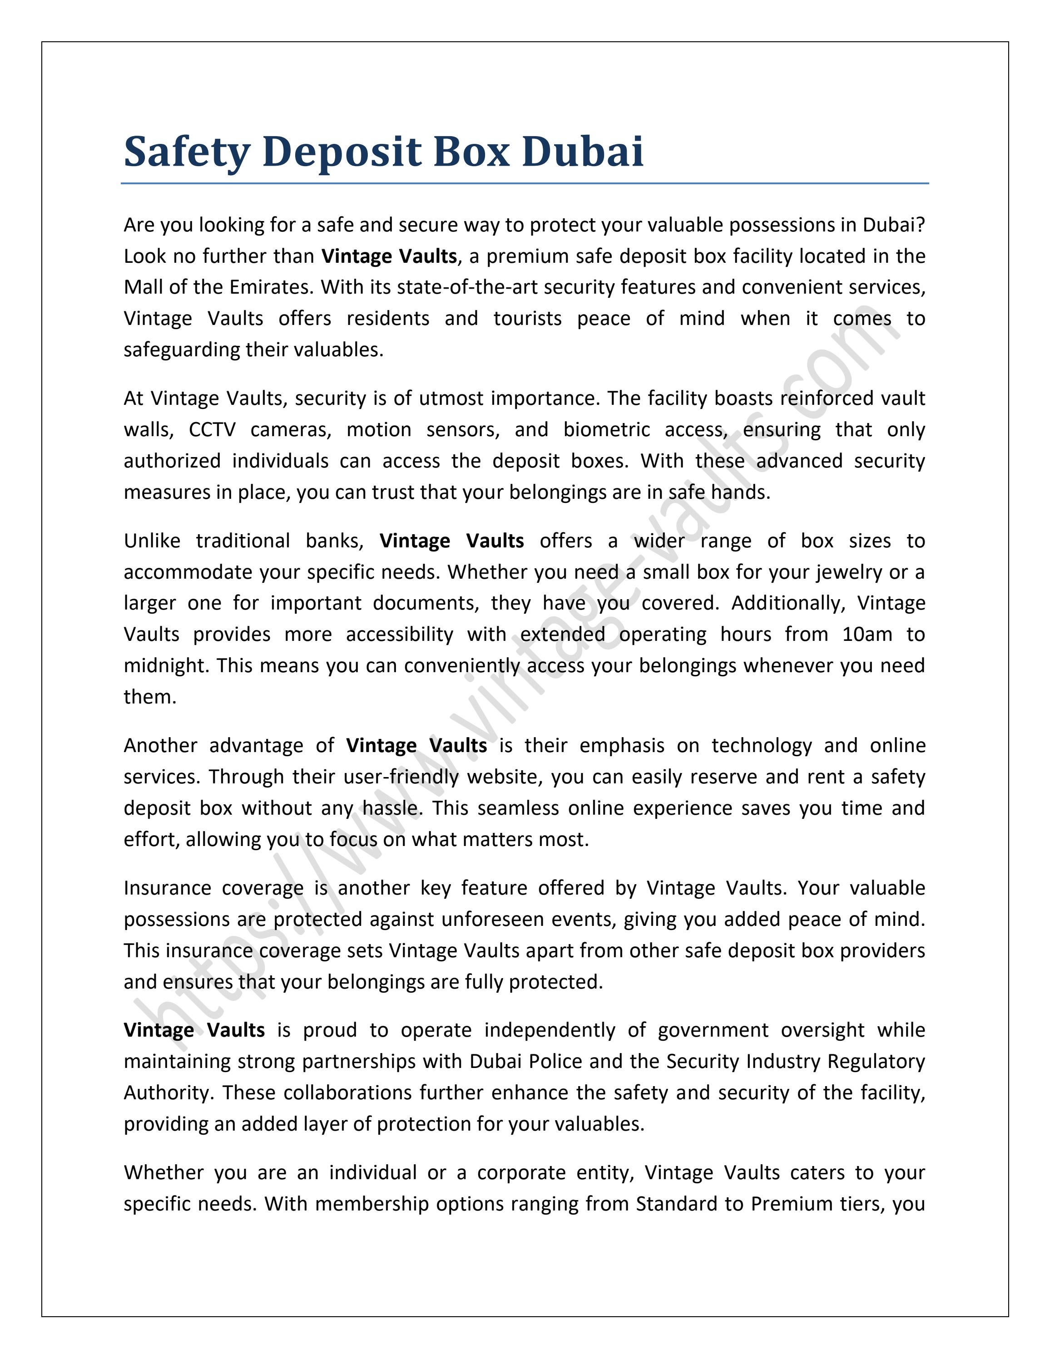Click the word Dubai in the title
click(x=582, y=151)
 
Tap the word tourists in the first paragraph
click(x=527, y=318)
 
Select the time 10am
click(x=867, y=634)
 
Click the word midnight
click(x=167, y=665)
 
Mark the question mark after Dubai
click(x=921, y=225)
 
